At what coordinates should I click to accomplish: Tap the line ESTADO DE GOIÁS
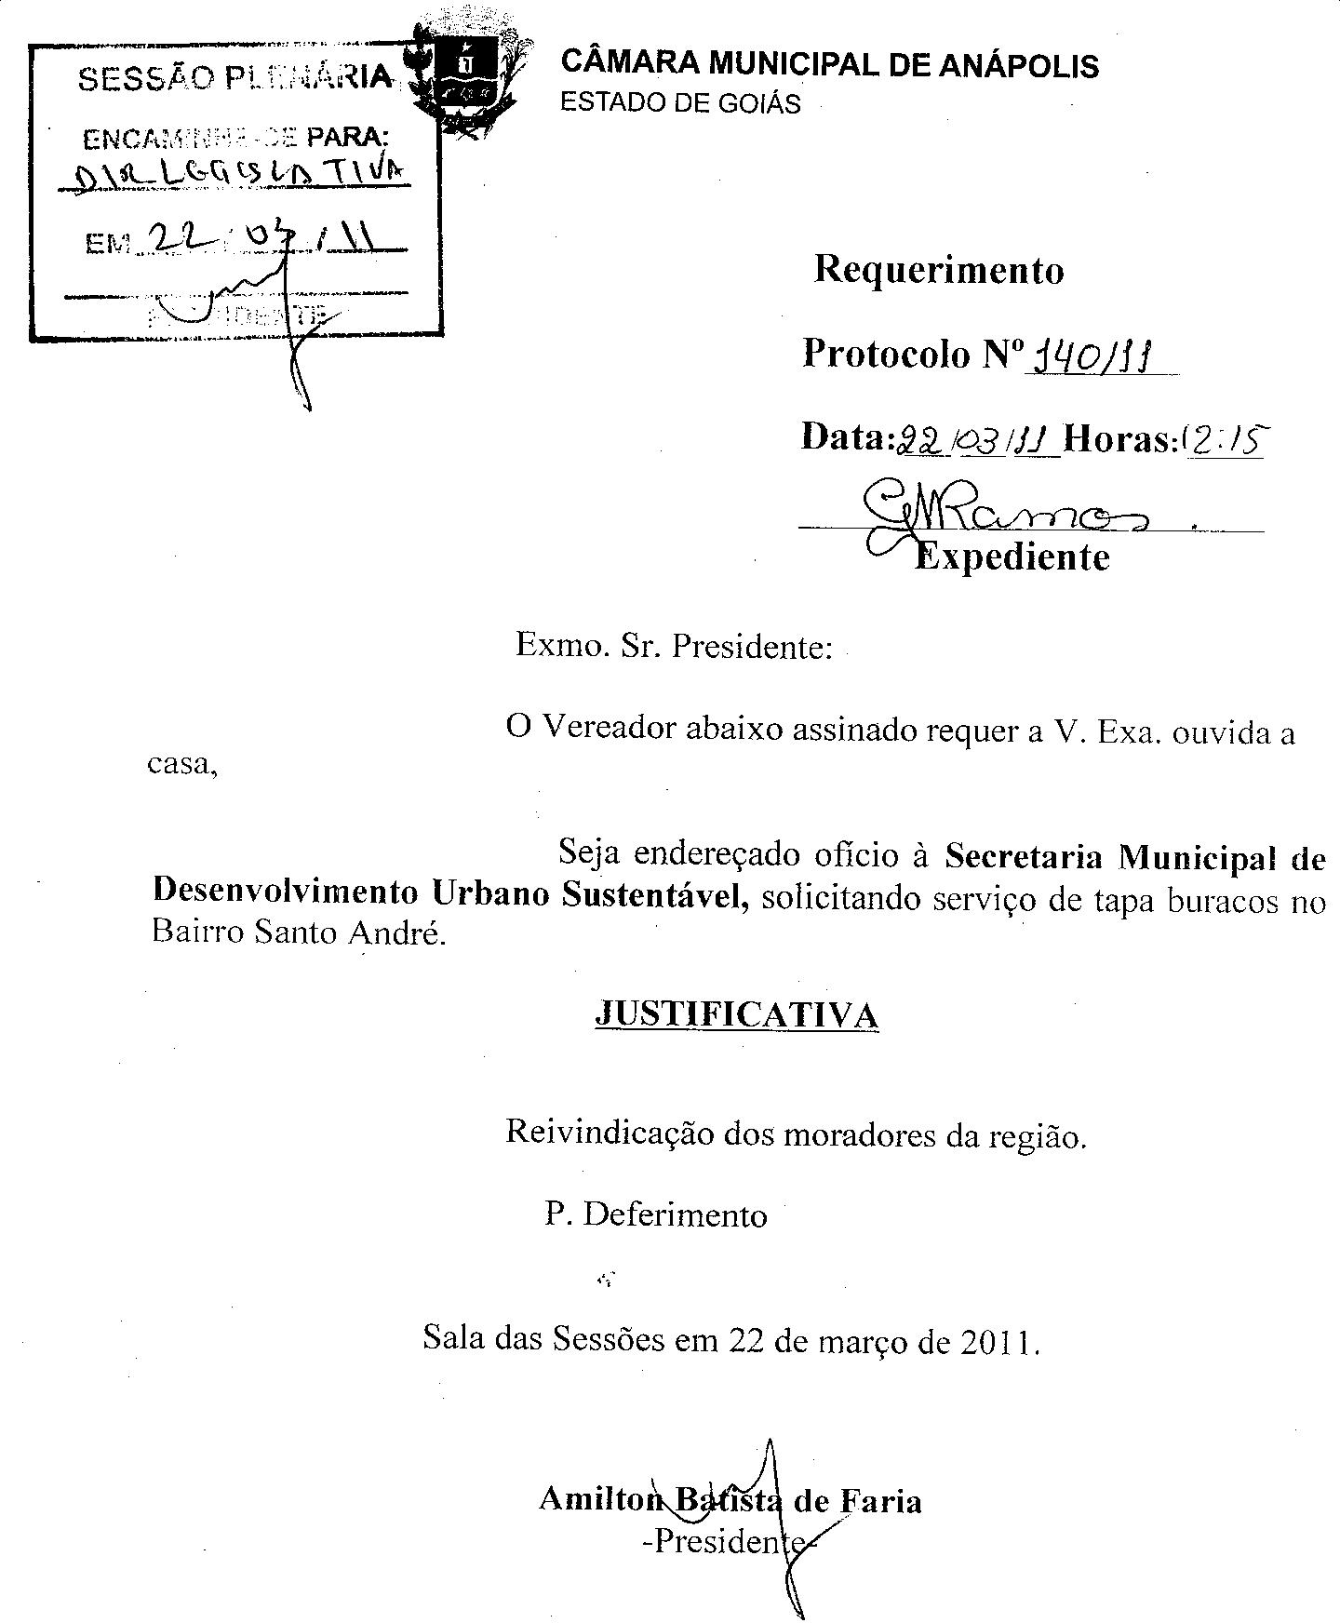pos(679,102)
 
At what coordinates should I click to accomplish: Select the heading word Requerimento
pos(939,270)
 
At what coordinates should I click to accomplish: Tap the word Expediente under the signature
pos(1012,557)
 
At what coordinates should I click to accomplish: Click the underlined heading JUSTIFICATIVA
pos(736,1013)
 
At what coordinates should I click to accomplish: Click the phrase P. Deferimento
pos(656,1215)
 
